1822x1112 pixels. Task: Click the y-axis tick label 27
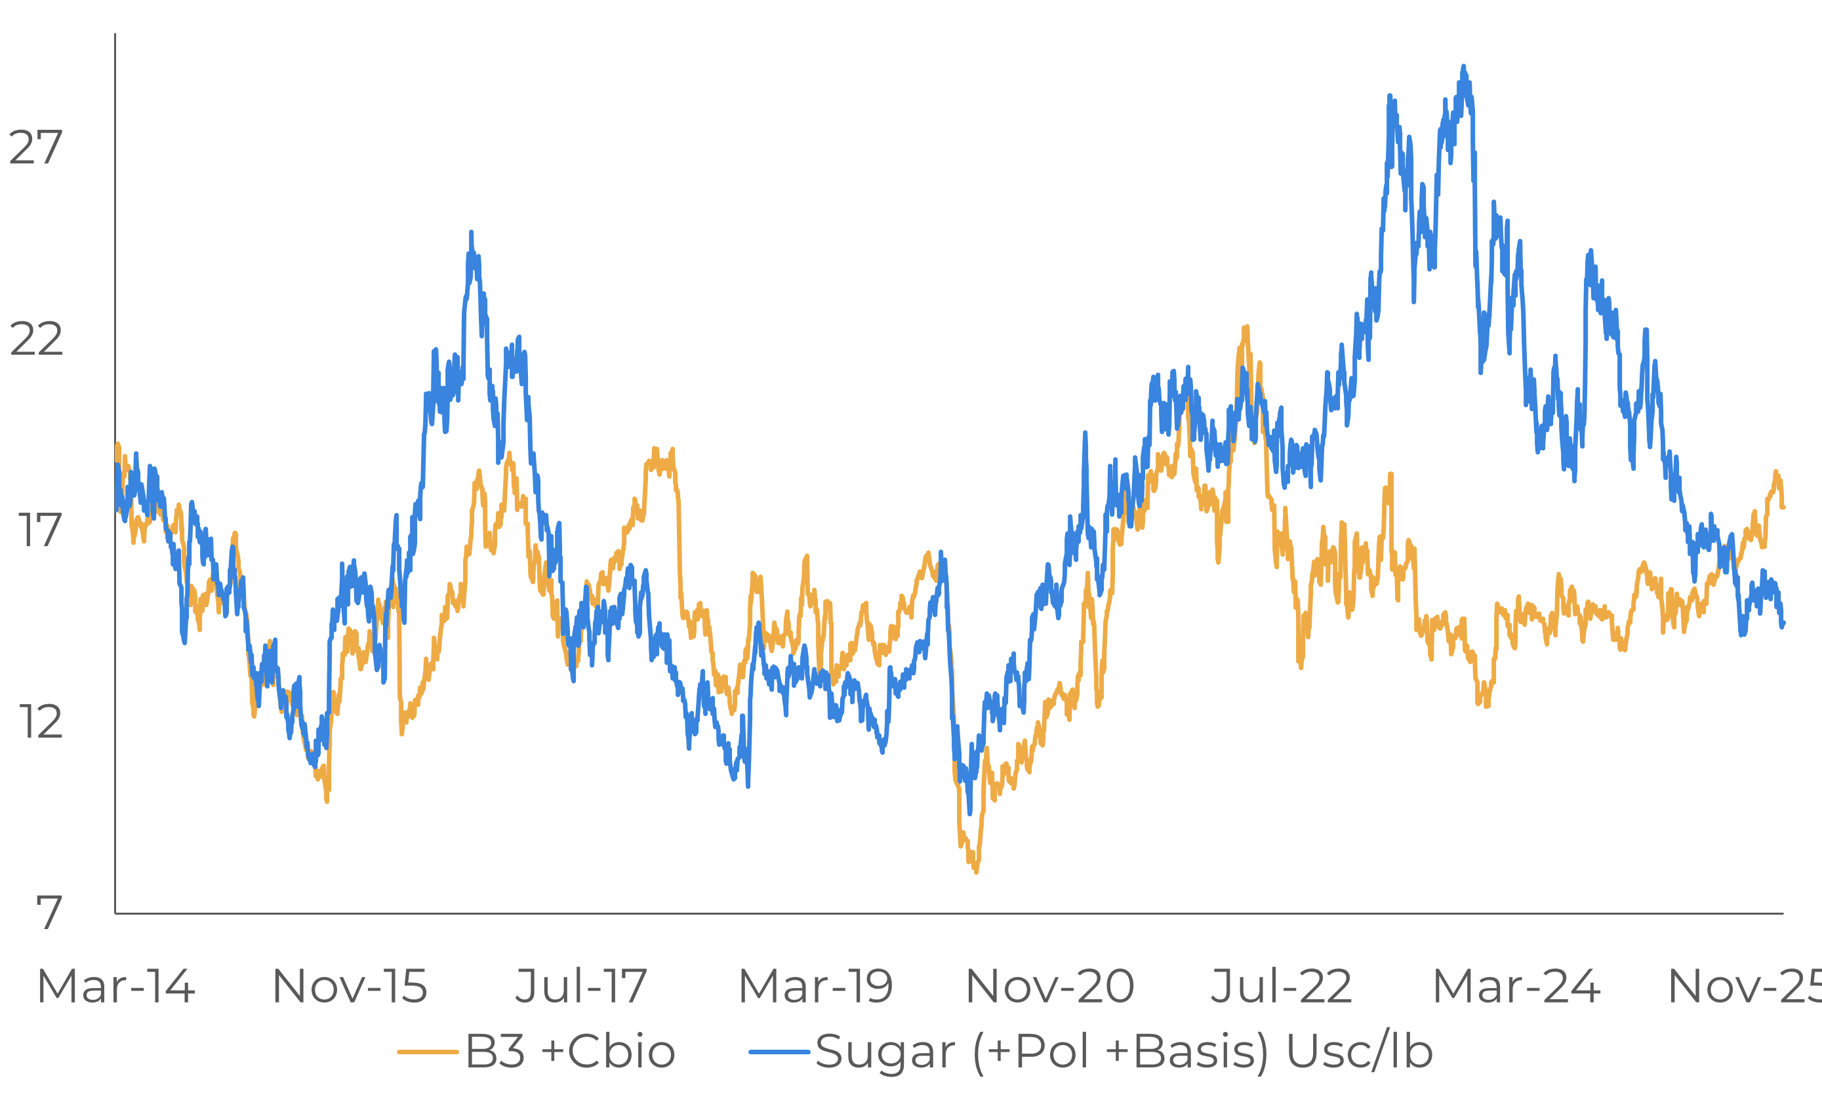coord(35,148)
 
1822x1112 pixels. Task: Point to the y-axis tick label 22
coord(35,340)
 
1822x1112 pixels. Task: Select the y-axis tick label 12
coord(40,723)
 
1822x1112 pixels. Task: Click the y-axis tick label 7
coord(49,913)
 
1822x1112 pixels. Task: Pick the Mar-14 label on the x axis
coord(116,986)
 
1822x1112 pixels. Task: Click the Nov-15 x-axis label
coord(350,986)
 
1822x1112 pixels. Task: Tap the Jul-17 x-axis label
coord(581,986)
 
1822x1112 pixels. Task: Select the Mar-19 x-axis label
coord(816,986)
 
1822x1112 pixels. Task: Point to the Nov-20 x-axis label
coord(1050,986)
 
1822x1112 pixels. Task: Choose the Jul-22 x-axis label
coord(1282,986)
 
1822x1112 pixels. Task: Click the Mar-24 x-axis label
coord(1516,986)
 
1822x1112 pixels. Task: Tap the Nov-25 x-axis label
coord(1745,986)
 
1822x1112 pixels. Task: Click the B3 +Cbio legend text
coord(570,1052)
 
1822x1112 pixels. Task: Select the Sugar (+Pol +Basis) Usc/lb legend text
coord(1124,1052)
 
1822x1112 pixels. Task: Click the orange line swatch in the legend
coord(428,1052)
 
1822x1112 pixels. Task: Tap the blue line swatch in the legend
coord(779,1052)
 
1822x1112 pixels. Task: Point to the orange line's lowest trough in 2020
coord(976,873)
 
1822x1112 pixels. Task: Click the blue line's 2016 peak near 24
coord(471,233)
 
